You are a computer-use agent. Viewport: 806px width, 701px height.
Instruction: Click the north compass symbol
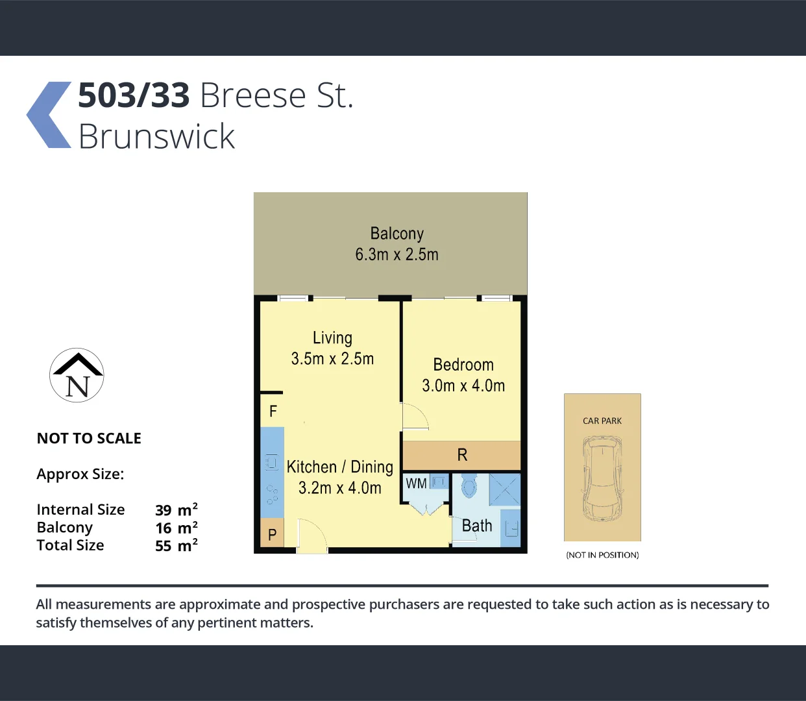point(77,375)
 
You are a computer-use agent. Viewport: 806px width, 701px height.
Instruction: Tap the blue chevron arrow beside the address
point(49,115)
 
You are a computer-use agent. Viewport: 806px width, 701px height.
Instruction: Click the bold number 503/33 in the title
point(134,95)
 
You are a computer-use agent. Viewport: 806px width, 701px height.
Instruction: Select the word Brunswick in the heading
point(156,136)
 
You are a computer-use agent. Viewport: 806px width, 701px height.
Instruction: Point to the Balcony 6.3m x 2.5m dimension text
point(397,254)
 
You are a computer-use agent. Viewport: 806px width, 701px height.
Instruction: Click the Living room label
point(332,338)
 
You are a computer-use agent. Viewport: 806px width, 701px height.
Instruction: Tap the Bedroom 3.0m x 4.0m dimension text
point(463,386)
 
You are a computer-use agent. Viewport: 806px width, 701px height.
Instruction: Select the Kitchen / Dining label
point(339,467)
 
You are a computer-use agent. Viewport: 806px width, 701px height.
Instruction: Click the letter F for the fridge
point(273,411)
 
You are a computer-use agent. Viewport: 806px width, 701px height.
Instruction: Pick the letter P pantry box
point(273,534)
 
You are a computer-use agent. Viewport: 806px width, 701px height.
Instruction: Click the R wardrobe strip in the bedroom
point(462,455)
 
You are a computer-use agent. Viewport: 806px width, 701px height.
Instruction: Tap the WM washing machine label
point(416,484)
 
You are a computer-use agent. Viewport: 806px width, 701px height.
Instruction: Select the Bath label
point(477,526)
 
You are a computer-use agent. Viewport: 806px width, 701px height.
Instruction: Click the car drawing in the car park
point(602,479)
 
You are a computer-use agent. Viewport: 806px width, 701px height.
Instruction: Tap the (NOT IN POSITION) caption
point(602,555)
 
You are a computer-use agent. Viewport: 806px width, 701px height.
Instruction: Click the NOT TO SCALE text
point(89,438)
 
